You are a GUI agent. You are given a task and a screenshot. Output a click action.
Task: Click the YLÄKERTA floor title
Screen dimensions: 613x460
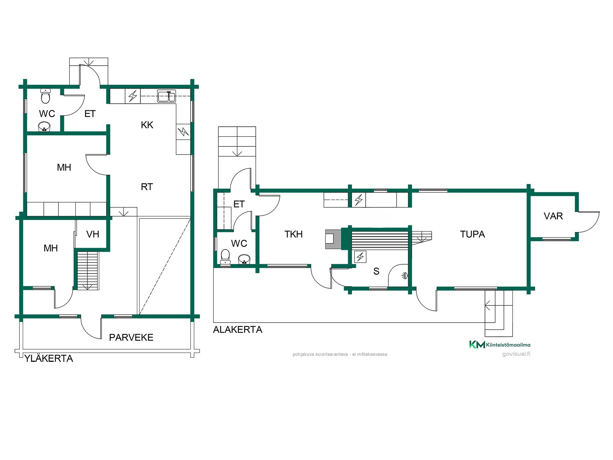(x=49, y=358)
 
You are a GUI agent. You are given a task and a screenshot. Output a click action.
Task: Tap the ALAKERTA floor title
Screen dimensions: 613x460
(x=238, y=329)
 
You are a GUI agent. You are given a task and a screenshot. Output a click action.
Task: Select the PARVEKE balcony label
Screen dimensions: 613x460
(x=131, y=337)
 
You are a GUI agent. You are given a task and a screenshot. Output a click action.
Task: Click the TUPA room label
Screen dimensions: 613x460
(x=473, y=234)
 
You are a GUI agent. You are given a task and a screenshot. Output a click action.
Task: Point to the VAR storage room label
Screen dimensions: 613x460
(x=553, y=216)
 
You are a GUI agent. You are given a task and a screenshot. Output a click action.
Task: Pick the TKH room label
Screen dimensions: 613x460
(x=293, y=234)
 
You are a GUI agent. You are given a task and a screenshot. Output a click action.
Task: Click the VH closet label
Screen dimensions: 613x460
(x=93, y=234)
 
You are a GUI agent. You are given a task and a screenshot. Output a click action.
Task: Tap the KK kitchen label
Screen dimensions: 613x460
(x=147, y=125)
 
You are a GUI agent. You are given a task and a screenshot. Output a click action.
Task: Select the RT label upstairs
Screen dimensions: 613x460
(x=147, y=187)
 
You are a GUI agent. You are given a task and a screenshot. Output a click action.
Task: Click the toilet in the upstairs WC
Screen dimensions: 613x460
(x=46, y=96)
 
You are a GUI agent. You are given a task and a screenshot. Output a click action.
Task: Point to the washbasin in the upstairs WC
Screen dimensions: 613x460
(x=44, y=127)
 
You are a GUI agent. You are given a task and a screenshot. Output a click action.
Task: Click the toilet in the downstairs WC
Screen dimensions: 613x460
(x=225, y=257)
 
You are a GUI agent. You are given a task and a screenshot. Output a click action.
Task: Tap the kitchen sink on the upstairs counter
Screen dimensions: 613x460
(x=166, y=96)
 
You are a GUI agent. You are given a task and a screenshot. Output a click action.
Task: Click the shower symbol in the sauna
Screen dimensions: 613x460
(x=405, y=275)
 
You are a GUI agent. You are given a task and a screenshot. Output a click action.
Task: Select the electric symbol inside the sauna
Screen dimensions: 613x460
(x=360, y=257)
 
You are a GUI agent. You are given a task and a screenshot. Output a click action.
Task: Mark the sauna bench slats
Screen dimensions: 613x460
(x=380, y=241)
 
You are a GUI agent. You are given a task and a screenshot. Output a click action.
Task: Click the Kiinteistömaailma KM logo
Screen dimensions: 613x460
(x=500, y=344)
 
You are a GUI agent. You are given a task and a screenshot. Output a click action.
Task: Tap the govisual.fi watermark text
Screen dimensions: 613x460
(x=516, y=354)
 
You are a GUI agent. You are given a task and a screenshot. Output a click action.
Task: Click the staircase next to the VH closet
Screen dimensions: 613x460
(x=88, y=271)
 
